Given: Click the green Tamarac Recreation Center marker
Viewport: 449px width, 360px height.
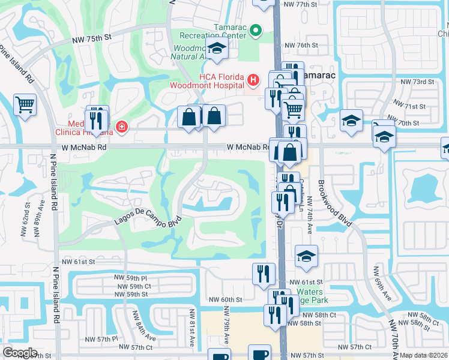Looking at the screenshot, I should pos(256,29).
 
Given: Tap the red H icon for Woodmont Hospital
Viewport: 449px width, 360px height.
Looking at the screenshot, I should pos(253,79).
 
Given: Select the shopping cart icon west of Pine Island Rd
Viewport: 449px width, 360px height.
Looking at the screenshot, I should pos(25,106).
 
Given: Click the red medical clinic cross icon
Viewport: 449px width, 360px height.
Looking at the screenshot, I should pos(122,127).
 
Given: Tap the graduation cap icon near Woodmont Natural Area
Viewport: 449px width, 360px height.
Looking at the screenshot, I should pos(217,51).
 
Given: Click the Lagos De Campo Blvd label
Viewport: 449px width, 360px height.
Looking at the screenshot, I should pos(147,223).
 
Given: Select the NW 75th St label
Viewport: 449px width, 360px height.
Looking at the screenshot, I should pos(92,37).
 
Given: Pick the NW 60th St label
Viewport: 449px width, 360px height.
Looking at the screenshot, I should pos(225,299).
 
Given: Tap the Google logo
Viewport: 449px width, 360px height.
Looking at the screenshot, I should pos(20,352).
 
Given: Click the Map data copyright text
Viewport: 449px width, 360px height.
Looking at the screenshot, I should pos(424,355).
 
